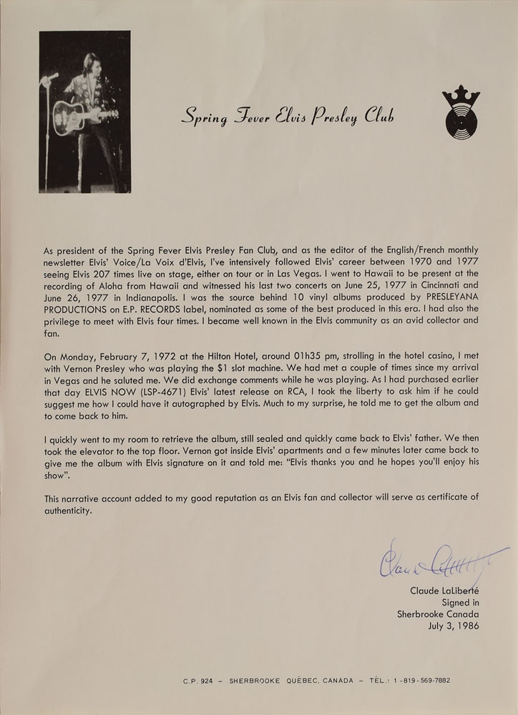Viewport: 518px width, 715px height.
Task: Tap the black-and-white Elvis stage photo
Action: (x=84, y=112)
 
